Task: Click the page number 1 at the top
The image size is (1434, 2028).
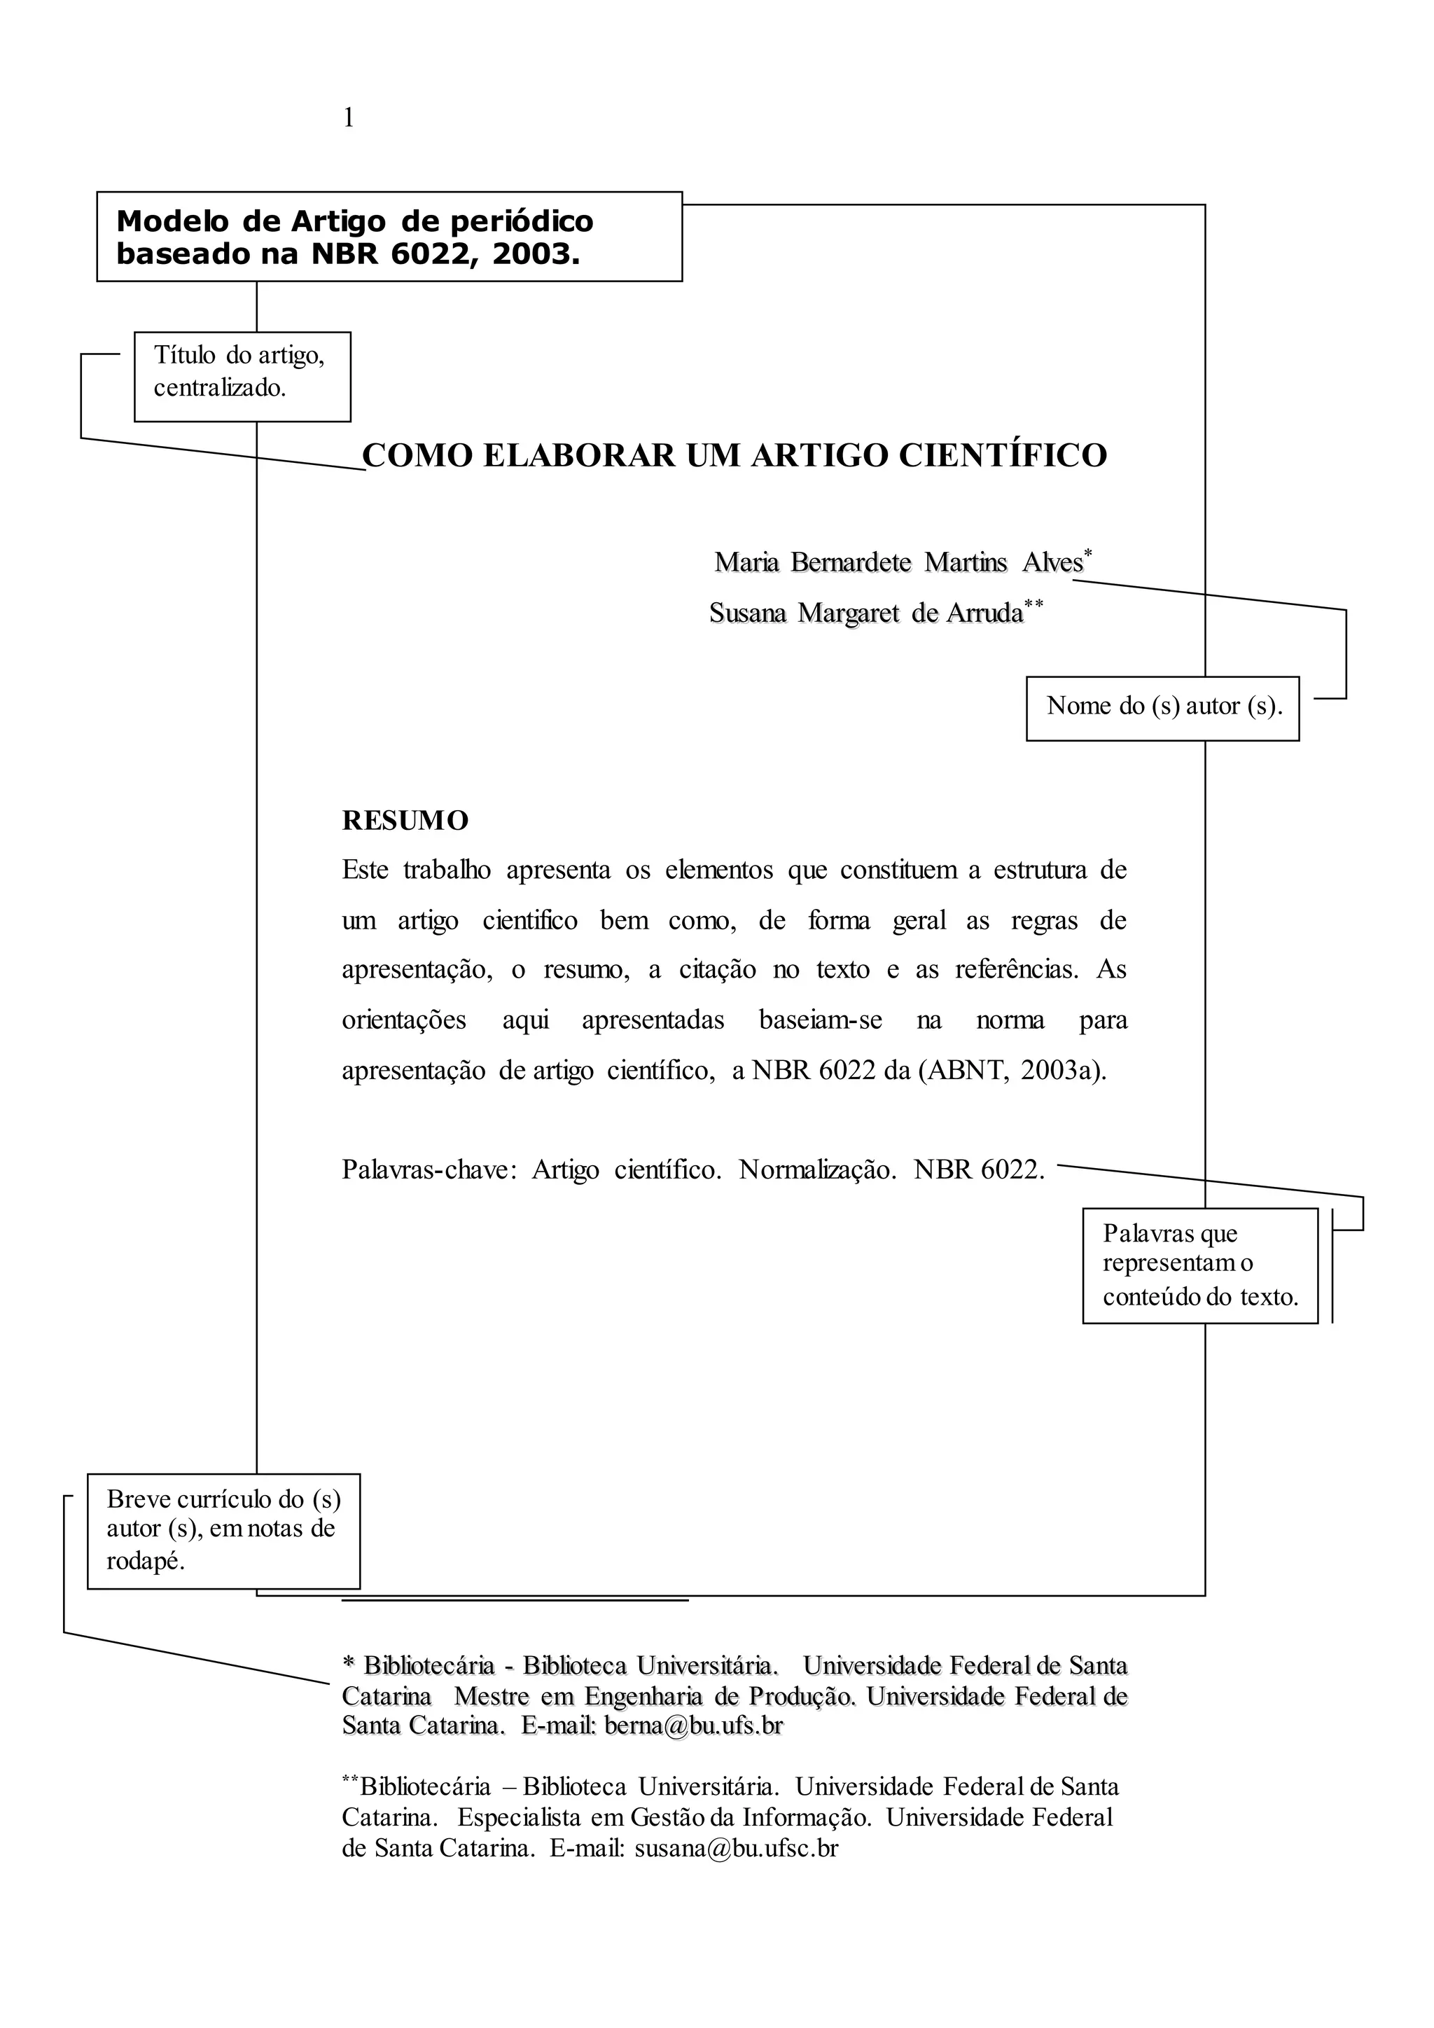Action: tap(348, 118)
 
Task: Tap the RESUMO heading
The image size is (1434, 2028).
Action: tap(405, 821)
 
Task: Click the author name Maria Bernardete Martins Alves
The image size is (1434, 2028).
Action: tap(898, 562)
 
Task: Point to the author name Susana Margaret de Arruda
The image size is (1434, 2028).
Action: tap(866, 613)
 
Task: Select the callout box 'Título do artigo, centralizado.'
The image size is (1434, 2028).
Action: tap(242, 376)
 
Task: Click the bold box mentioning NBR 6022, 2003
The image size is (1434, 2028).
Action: tap(389, 237)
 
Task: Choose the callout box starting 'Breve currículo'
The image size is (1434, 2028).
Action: tap(223, 1530)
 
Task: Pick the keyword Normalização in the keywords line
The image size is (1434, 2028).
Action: tap(818, 1170)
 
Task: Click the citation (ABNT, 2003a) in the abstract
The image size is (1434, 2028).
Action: tap(1012, 1071)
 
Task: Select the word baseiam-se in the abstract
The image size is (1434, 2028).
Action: tap(821, 1020)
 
